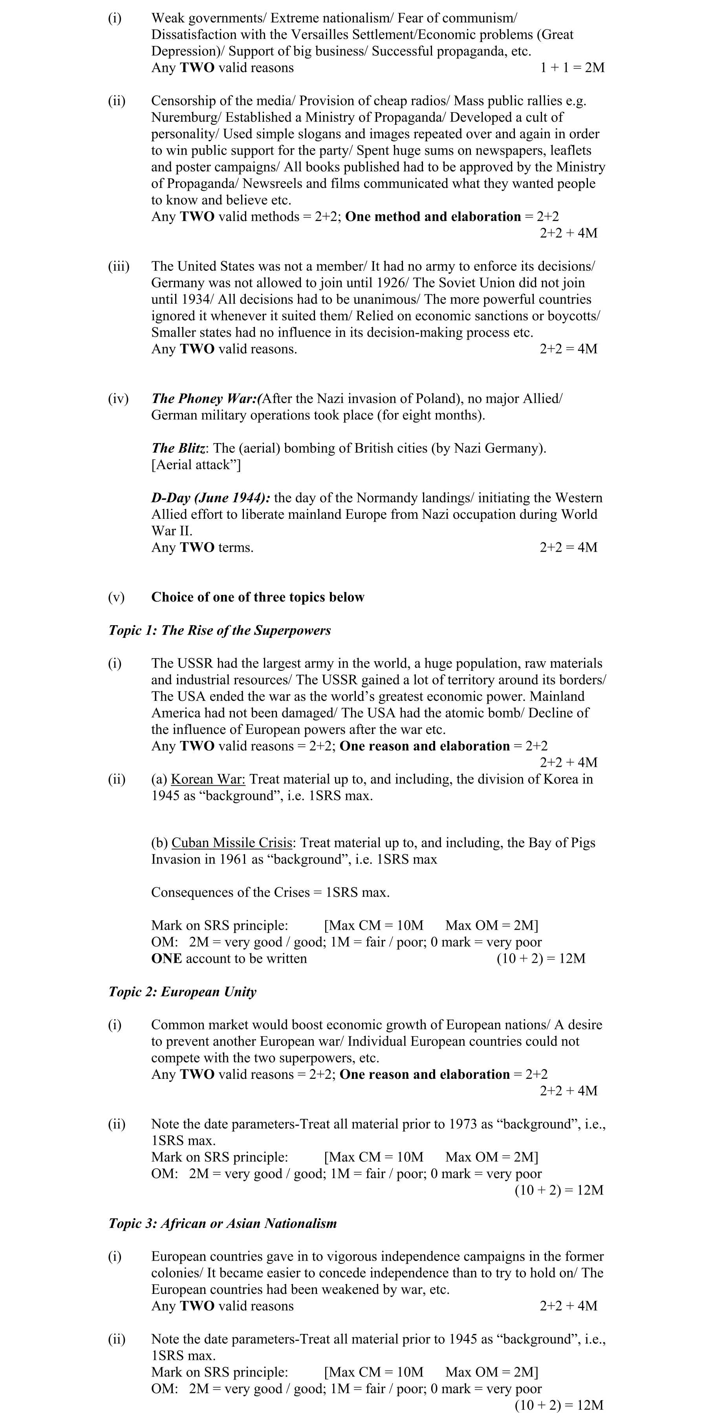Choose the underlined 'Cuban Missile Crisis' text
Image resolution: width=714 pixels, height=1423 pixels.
(232, 843)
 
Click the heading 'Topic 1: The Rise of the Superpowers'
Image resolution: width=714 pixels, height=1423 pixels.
(220, 631)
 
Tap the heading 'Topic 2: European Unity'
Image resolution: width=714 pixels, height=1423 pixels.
(182, 992)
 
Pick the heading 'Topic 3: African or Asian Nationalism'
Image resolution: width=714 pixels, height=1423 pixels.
(223, 1224)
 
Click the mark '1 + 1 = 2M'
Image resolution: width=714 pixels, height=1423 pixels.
(572, 68)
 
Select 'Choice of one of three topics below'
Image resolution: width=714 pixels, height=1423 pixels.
(258, 598)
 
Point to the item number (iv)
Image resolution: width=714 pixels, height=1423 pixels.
(118, 399)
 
